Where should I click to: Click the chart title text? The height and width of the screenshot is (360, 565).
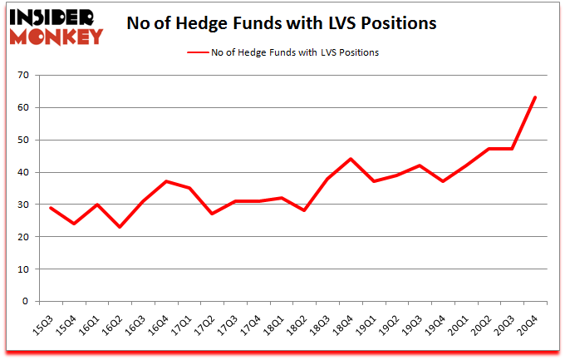click(281, 23)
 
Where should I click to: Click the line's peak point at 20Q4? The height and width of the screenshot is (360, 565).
click(535, 97)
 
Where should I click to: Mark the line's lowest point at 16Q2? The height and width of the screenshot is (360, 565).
click(120, 227)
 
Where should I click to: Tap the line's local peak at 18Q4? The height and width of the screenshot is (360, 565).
click(351, 159)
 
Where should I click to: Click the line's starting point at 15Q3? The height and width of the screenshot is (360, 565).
click(51, 208)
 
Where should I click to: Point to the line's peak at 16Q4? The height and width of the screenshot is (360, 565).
click(166, 181)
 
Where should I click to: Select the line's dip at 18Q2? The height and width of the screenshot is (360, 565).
click(305, 211)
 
